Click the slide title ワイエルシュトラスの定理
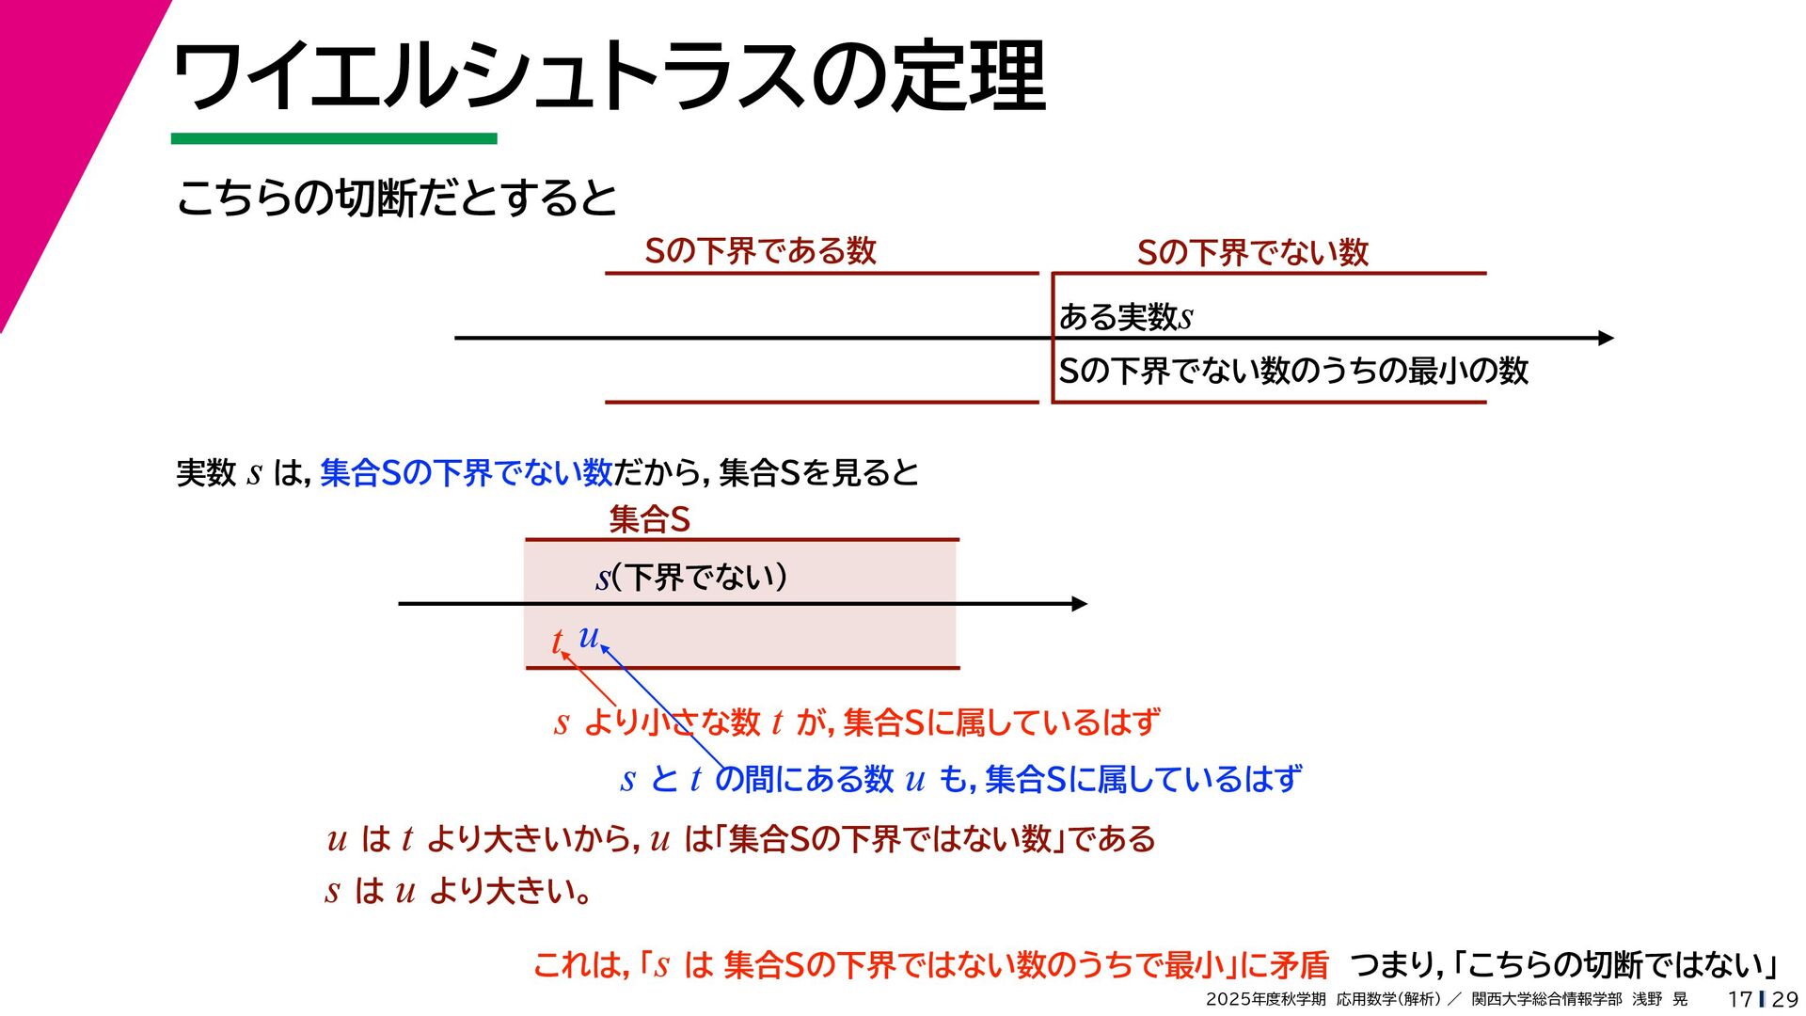click(x=609, y=76)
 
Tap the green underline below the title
click(x=334, y=139)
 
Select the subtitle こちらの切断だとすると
click(x=396, y=198)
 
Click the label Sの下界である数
click(x=760, y=251)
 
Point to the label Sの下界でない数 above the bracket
click(x=1252, y=252)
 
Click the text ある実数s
click(x=1125, y=317)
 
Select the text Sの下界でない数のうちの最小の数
click(x=1293, y=371)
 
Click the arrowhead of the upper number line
click(x=1605, y=338)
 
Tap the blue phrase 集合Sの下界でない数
click(x=467, y=472)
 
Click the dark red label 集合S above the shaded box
click(x=649, y=519)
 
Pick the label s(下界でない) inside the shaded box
click(x=691, y=577)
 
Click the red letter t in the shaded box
click(x=557, y=642)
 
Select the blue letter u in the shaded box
click(x=589, y=637)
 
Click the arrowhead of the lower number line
click(x=1079, y=604)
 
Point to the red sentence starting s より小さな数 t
click(x=857, y=722)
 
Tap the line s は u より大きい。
click(x=458, y=890)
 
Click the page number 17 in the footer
click(x=1739, y=999)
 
